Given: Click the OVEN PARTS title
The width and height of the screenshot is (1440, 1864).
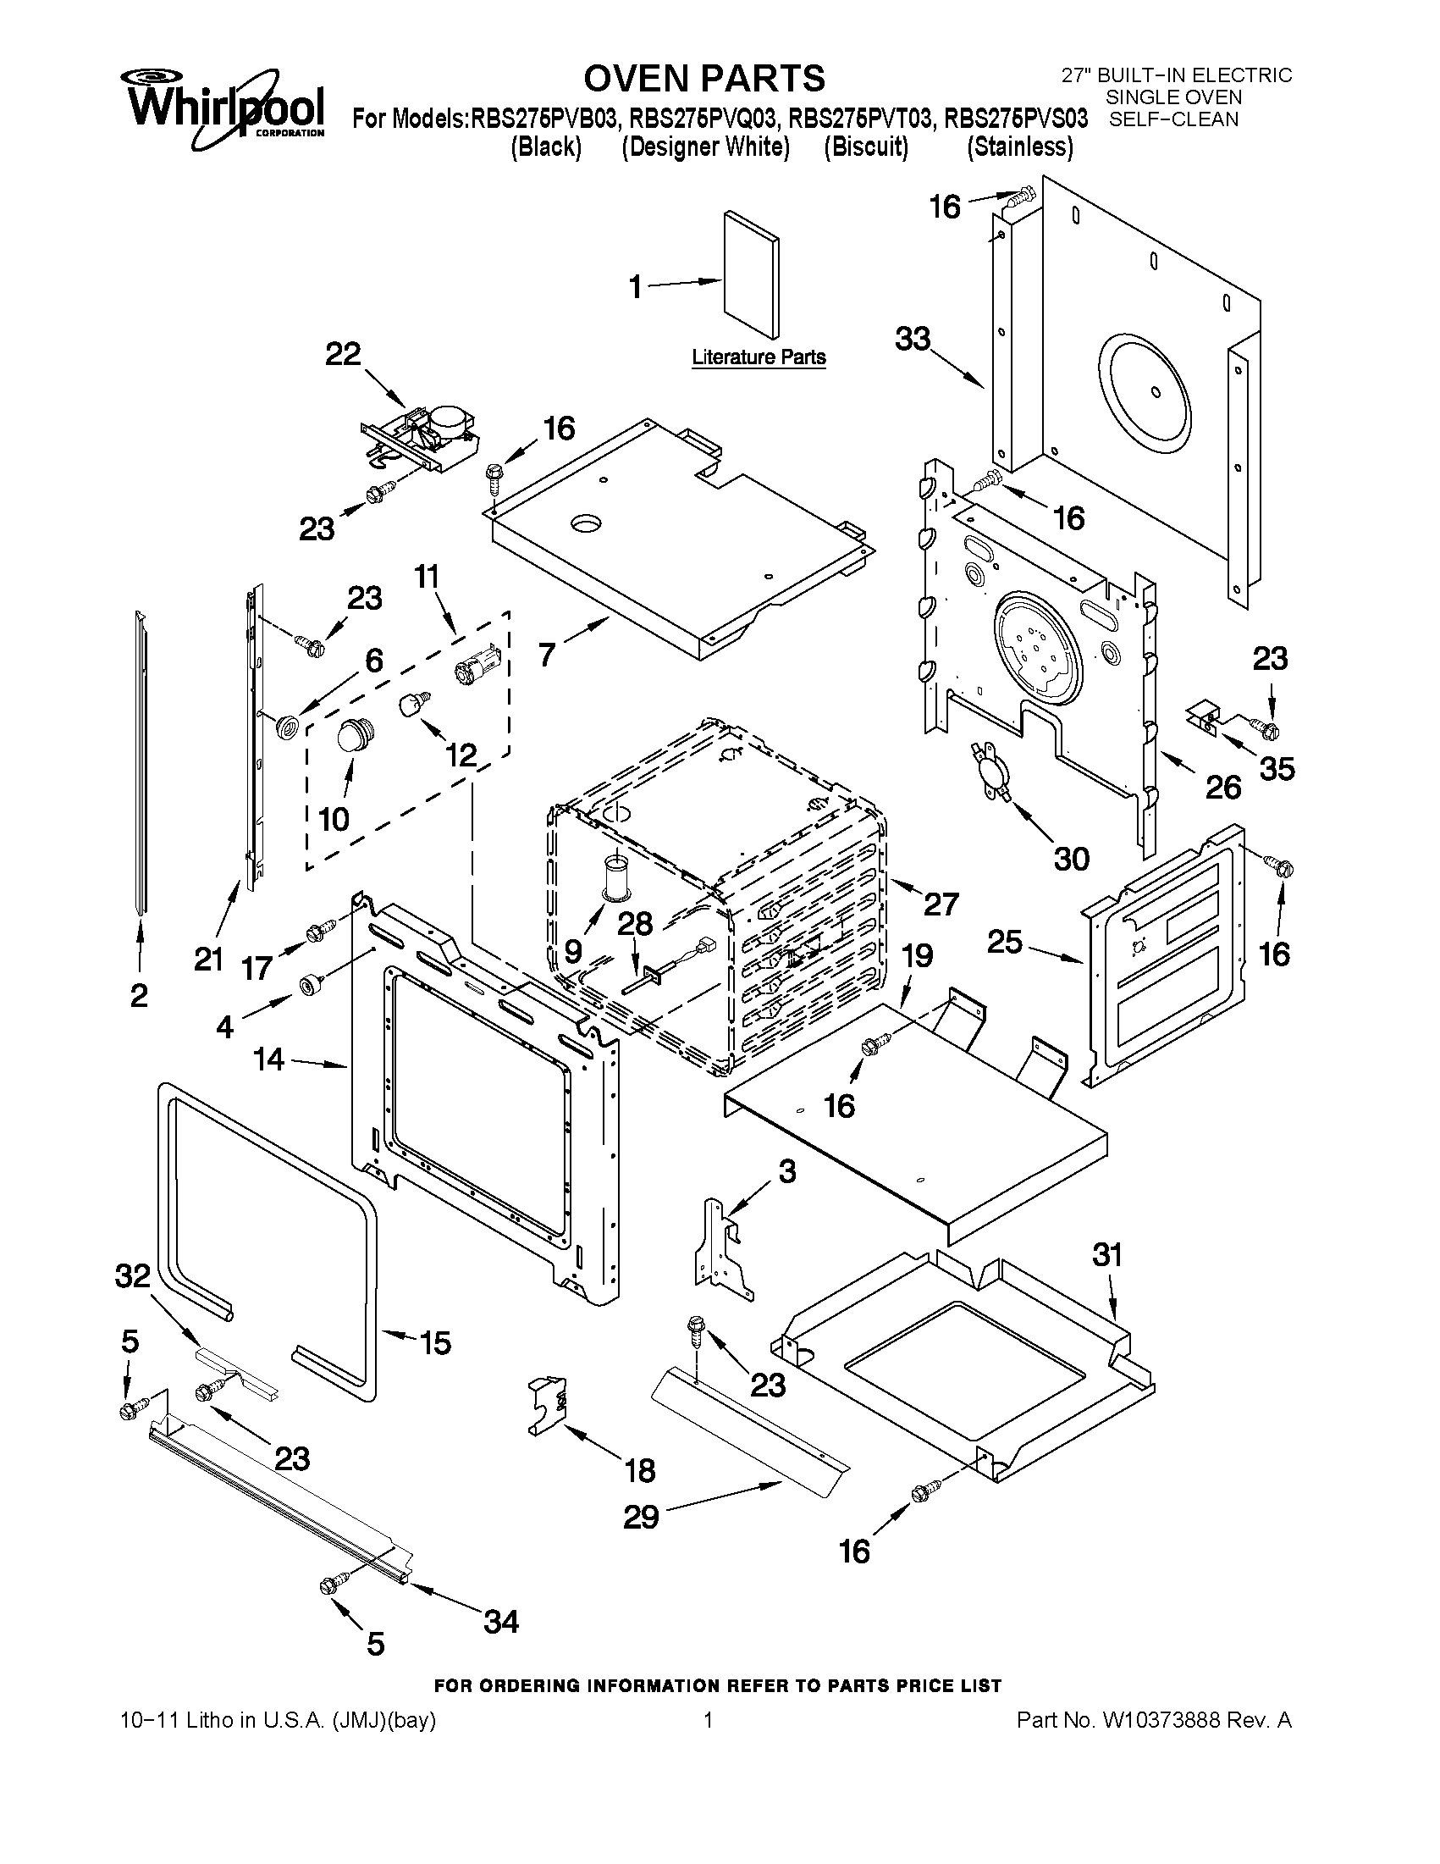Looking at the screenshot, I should [703, 78].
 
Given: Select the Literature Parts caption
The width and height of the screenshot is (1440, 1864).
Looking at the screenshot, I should [758, 357].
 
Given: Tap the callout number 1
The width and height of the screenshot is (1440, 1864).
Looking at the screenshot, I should [636, 288].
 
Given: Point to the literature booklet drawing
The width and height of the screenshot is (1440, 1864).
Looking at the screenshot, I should [751, 275].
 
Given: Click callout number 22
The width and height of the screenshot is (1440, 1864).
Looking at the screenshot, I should [343, 353].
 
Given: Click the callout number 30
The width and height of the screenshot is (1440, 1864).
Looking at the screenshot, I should [1072, 859].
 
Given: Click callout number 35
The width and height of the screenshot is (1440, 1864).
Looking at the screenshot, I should [1277, 769].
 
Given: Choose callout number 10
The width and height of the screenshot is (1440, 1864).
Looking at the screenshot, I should [334, 819].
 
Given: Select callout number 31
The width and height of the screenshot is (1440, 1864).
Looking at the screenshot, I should [1107, 1254].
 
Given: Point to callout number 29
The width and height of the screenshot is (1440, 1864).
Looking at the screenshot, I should [641, 1517].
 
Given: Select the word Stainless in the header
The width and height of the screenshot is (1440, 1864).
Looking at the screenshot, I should [1019, 147].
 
